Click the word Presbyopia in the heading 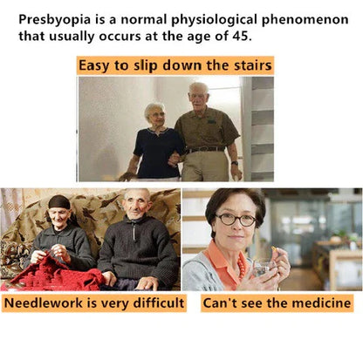coord(54,20)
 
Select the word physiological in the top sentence coord(214,20)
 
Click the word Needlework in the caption coord(44,302)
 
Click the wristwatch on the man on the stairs coord(235,163)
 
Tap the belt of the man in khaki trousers coord(205,150)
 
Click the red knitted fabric coord(52,274)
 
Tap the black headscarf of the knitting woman coord(59,202)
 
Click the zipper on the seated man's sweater coord(134,231)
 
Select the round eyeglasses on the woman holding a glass coord(236,220)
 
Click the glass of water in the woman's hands coord(264,268)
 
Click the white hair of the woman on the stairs coord(154,108)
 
